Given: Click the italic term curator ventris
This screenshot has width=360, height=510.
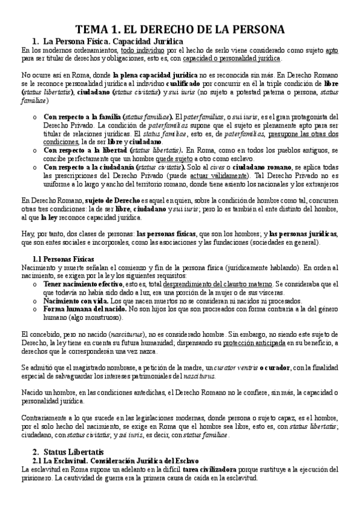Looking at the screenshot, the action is pyautogui.click(x=232, y=367).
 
